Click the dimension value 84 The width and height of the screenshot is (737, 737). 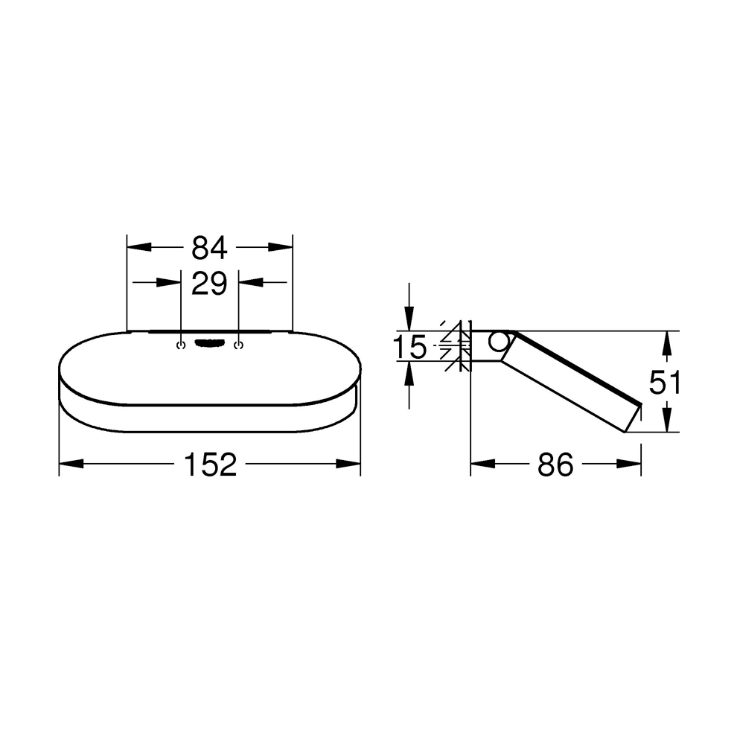(x=209, y=247)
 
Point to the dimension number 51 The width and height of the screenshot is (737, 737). (x=665, y=383)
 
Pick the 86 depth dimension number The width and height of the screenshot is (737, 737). (x=555, y=464)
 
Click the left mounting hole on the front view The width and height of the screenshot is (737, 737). (x=181, y=345)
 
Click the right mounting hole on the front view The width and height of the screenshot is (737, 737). (x=237, y=345)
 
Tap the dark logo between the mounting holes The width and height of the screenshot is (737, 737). (x=209, y=343)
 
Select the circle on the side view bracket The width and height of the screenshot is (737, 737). (x=499, y=342)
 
